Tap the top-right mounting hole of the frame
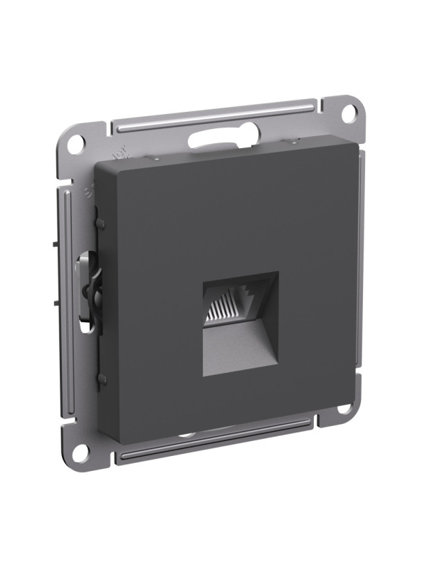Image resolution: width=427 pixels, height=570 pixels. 349,112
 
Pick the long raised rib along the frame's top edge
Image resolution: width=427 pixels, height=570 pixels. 213,113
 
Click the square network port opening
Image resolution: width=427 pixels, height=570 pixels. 240,318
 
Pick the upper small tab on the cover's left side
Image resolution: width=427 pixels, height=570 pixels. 100,224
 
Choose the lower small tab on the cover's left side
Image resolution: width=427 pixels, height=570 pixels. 100,378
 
